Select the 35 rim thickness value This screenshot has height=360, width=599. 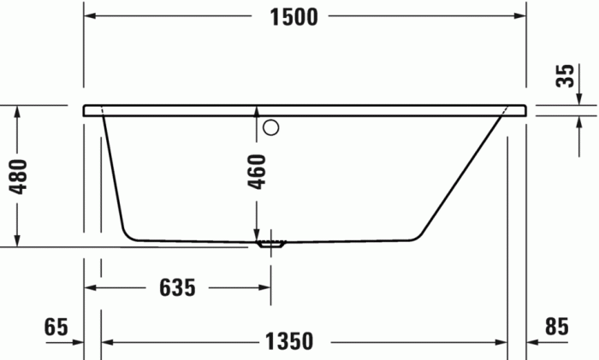point(564,74)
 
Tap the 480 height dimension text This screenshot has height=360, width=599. point(24,176)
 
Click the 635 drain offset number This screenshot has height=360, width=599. point(178,289)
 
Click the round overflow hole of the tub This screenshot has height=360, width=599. point(271,129)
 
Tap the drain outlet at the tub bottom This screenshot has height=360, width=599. point(271,244)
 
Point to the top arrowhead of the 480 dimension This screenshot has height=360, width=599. point(17,111)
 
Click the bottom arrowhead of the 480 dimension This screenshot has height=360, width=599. point(17,240)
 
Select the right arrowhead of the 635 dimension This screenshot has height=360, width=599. point(264,289)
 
